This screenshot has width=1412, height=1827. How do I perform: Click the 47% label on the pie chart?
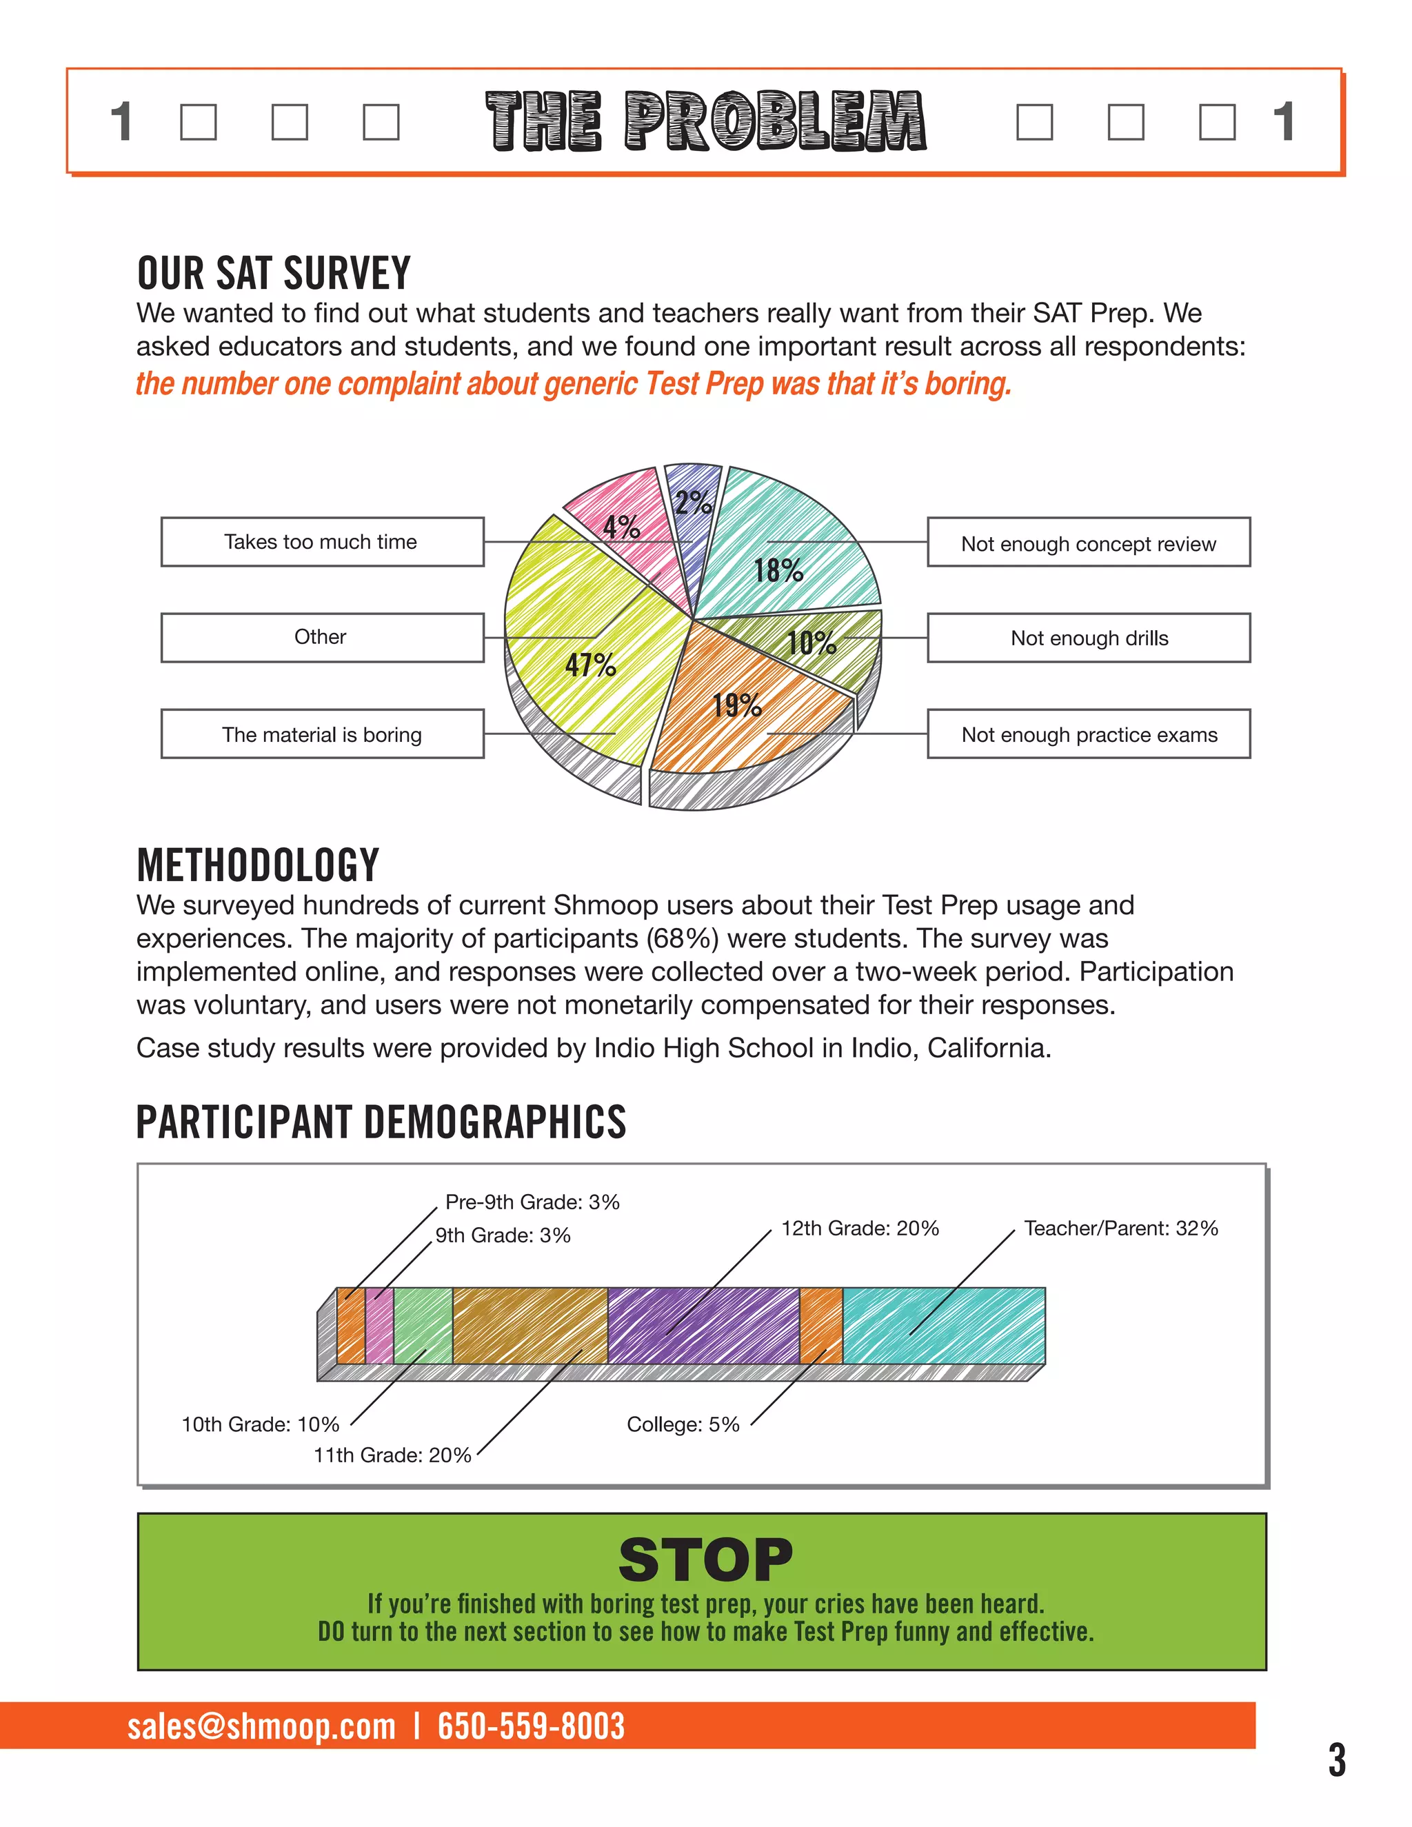[591, 665]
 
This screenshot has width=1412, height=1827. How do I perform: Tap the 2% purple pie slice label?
[694, 502]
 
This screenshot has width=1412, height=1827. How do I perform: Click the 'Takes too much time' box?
[322, 542]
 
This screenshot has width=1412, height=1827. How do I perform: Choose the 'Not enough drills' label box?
[1088, 638]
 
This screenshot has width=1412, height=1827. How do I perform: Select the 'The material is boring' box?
[322, 734]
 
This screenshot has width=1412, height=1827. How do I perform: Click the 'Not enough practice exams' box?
[1088, 734]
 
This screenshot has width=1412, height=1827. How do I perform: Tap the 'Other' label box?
[322, 638]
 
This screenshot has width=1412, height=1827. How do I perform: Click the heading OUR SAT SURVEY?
[274, 274]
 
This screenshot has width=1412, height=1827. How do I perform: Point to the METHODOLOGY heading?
[258, 865]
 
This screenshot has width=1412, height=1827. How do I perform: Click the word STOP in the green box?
[705, 1560]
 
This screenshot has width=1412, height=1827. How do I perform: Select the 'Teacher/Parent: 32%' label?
[1120, 1228]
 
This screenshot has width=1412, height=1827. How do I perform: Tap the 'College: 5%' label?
[683, 1424]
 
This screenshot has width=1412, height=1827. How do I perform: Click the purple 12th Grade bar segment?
[703, 1326]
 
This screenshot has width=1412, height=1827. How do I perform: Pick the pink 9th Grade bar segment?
[379, 1326]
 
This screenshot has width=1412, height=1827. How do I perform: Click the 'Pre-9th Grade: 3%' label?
[532, 1202]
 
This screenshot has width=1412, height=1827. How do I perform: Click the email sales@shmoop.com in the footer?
[261, 1726]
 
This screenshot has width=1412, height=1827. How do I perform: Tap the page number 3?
[1337, 1759]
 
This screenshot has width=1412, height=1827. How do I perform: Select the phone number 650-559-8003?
[530, 1726]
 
